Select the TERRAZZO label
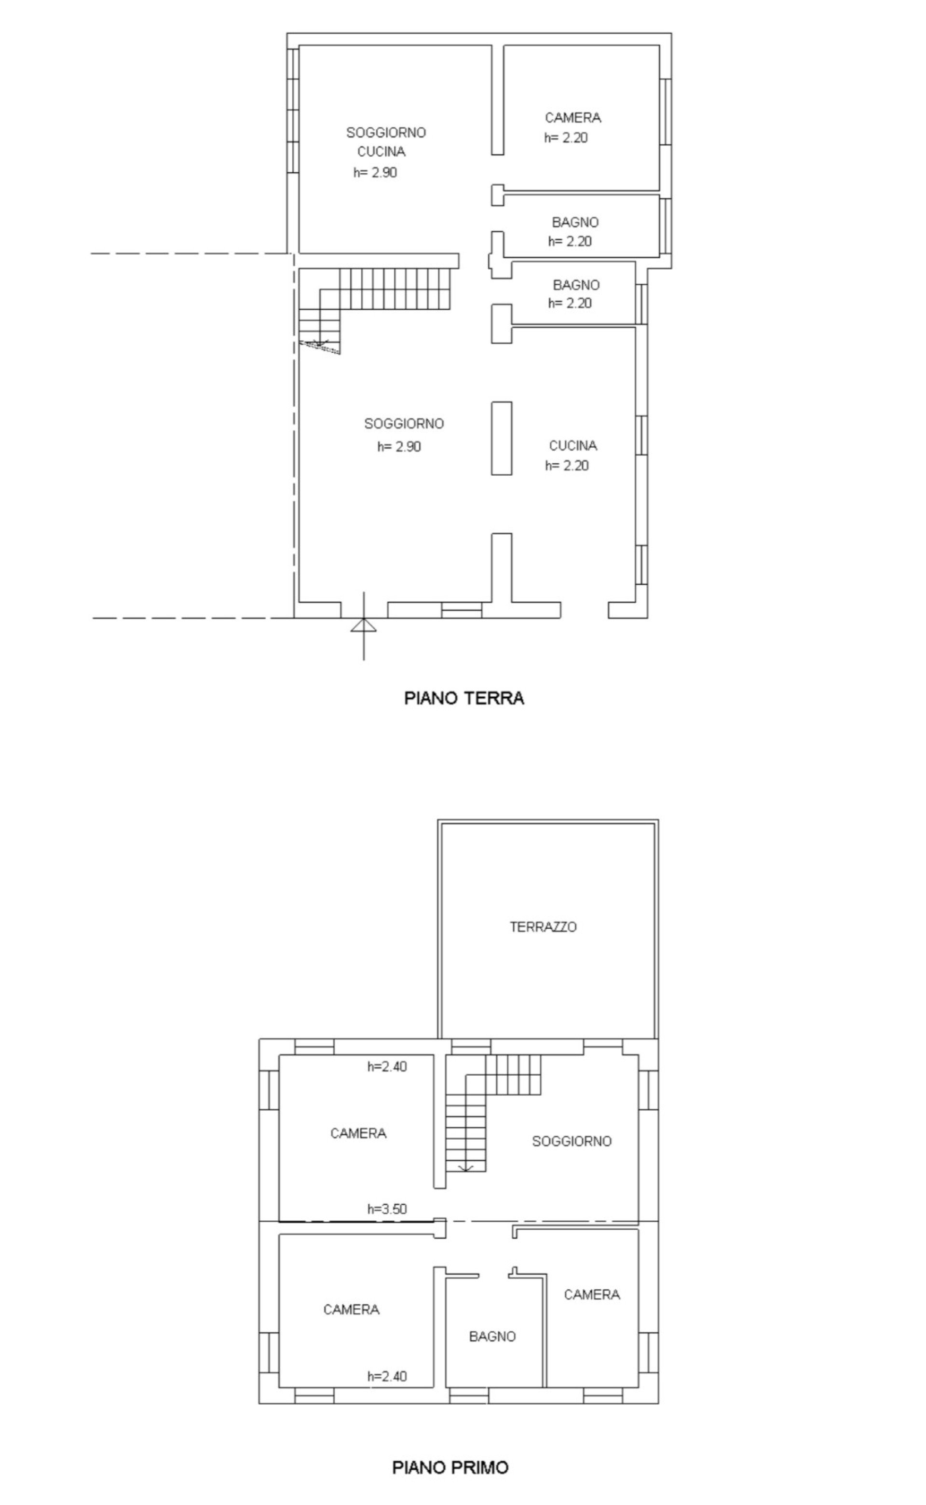tap(543, 927)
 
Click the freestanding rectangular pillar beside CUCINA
tap(502, 438)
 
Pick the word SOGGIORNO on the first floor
tap(572, 1141)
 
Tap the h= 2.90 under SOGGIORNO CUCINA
tap(375, 172)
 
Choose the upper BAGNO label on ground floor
tap(575, 222)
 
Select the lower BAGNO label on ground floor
tap(576, 285)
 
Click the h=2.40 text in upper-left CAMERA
tap(387, 1066)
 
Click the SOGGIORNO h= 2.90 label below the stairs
tap(404, 435)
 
